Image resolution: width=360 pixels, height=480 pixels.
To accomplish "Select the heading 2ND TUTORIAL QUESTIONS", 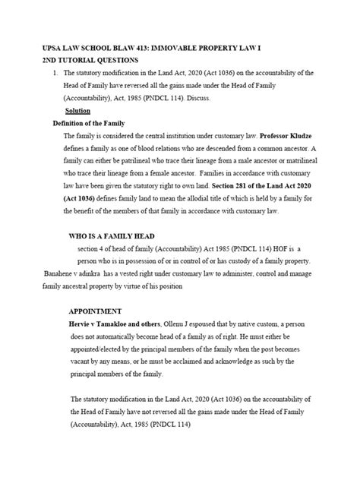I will coord(92,59).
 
